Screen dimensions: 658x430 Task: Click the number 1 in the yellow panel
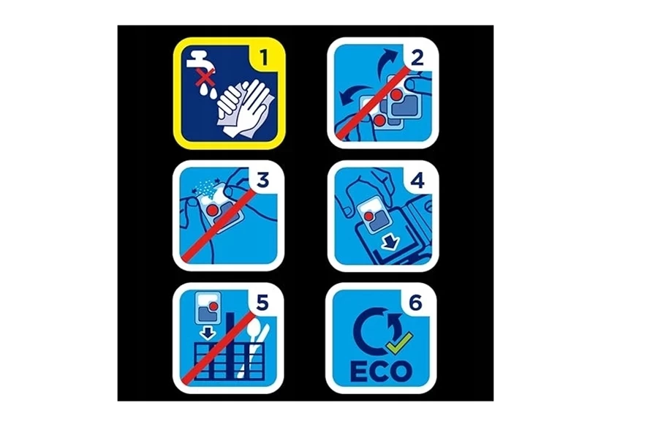tap(263, 57)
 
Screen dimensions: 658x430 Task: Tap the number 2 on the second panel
tap(417, 57)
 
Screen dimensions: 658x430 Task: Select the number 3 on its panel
tap(262, 180)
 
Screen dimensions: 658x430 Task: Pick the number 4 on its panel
tap(417, 180)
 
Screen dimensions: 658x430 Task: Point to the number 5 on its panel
tap(262, 302)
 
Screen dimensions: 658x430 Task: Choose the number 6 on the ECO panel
tap(415, 302)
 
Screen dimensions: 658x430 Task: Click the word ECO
tap(381, 371)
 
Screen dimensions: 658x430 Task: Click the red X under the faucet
tap(205, 78)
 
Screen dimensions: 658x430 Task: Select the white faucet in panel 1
tap(200, 61)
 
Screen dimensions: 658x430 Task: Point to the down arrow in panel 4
tap(390, 242)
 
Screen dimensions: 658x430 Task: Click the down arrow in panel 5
tap(207, 333)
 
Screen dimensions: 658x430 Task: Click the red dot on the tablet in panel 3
tap(213, 210)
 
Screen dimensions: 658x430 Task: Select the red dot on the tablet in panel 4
tap(368, 216)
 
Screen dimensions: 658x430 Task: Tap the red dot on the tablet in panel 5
tap(213, 306)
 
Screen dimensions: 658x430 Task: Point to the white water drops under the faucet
tap(208, 91)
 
